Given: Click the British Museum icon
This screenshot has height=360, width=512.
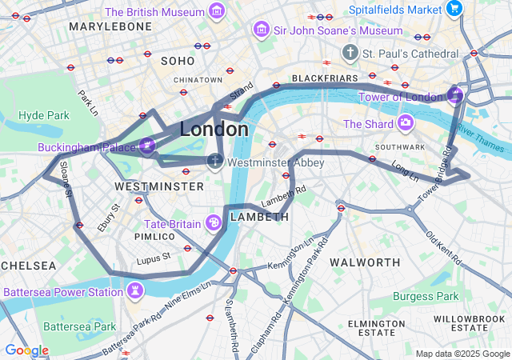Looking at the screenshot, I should point(216,11).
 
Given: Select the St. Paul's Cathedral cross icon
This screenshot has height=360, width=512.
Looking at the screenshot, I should point(349,53).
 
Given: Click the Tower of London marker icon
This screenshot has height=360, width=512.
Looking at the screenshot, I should point(454,97).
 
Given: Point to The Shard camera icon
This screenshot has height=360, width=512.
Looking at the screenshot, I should point(406,123).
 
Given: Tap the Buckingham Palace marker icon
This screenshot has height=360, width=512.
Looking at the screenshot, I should point(146,146).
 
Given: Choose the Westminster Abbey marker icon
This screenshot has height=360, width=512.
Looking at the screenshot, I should point(214,162).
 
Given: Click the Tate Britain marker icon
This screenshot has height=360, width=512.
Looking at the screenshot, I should point(214,222).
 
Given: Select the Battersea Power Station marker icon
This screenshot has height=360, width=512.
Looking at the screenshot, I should point(135,290).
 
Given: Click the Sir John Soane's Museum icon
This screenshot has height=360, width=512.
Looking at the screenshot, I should point(261,30).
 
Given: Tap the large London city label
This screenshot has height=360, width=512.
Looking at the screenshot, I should point(214,129).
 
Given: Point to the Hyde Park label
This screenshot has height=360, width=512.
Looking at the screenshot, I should point(44,115).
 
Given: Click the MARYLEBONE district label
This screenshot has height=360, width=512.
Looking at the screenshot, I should point(110,26).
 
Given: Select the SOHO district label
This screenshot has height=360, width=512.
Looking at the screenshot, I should point(178,61).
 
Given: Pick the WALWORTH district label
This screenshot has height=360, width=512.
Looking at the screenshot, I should point(365,262).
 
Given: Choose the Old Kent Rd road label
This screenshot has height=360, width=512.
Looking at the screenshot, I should point(443,248).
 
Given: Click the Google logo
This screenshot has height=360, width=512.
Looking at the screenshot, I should point(26,350).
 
